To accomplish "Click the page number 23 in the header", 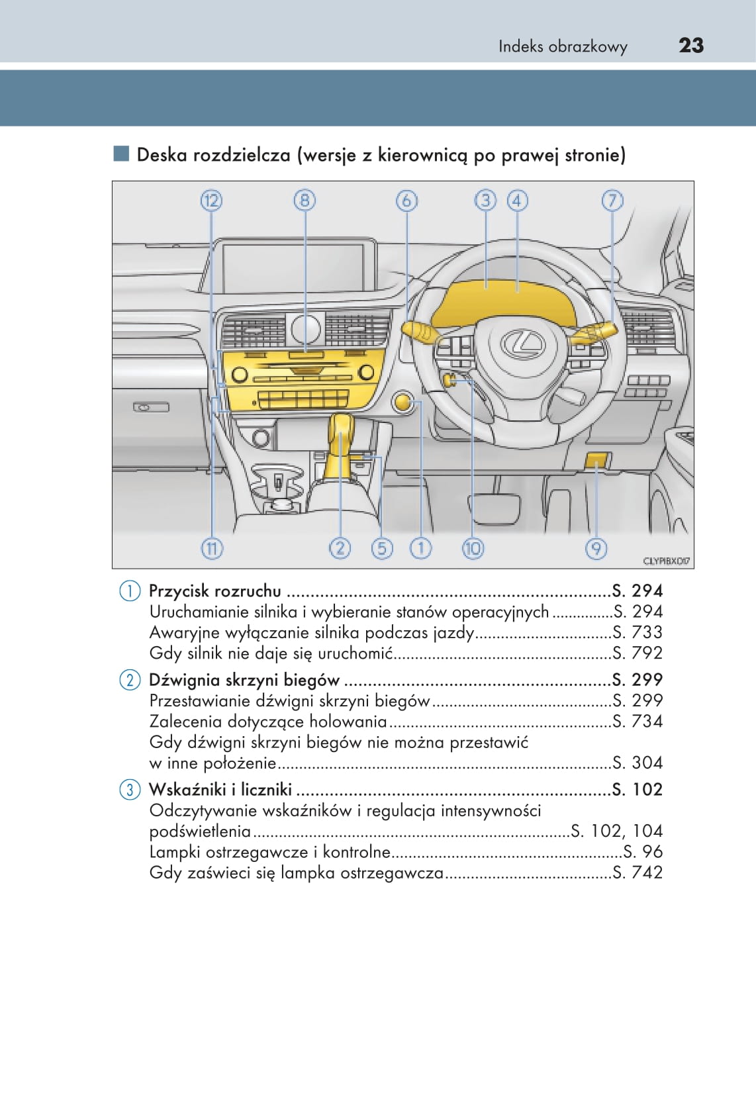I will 691,45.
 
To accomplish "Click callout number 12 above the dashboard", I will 211,200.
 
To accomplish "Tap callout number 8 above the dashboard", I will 305,200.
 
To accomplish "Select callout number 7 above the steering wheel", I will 612,200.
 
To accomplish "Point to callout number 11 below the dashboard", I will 211,548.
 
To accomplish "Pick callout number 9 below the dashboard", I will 596,548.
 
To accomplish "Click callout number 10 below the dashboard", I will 473,548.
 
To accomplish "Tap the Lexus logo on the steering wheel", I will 522,344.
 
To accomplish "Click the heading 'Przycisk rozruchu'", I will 215,591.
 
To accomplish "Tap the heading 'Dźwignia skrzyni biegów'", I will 244,680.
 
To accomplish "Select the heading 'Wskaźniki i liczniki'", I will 220,789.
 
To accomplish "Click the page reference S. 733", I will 638,632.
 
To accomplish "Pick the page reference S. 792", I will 638,653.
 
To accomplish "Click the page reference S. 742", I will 638,873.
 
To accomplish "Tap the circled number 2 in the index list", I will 130,680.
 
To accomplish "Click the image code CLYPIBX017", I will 667,561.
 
